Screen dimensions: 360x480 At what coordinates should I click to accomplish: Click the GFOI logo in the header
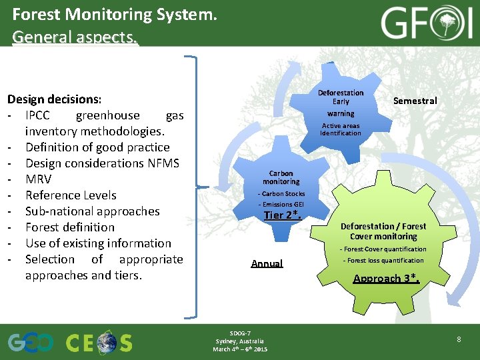(x=425, y=24)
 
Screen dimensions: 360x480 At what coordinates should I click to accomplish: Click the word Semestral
(x=415, y=101)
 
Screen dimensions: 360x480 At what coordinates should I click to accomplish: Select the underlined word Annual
(x=267, y=263)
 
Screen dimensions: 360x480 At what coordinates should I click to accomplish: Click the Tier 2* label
(x=283, y=215)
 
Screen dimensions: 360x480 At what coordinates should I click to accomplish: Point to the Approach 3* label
(x=386, y=278)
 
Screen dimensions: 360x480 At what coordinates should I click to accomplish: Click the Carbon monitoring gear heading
(x=281, y=177)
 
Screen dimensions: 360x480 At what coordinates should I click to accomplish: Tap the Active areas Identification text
(x=340, y=129)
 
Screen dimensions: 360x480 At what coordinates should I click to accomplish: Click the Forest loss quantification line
(x=383, y=261)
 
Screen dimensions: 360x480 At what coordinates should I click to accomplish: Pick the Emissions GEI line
(x=281, y=204)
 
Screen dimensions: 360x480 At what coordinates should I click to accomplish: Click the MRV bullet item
(x=38, y=179)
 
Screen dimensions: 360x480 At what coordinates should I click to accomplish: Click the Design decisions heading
(x=54, y=99)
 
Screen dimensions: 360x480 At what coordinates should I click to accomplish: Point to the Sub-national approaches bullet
(x=93, y=211)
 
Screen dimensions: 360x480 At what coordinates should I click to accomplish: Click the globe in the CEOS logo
(x=105, y=342)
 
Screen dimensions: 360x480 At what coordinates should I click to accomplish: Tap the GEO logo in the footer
(x=31, y=342)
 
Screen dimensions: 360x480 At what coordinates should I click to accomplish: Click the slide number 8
(x=459, y=340)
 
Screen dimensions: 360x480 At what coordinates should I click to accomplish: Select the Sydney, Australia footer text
(x=240, y=341)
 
